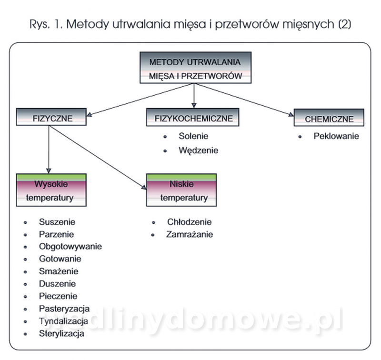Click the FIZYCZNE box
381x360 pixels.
51,117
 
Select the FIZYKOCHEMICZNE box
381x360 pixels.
193,117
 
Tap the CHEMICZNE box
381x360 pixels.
329,118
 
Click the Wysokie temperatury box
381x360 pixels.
51,190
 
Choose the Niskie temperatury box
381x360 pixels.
181,190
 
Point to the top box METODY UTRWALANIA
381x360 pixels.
196,68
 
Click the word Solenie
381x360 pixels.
193,136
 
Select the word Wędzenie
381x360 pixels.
198,150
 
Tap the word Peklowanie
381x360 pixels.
336,136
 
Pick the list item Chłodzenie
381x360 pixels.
189,222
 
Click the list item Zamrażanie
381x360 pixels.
190,234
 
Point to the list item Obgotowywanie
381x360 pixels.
70,247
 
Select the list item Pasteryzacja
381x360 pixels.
64,309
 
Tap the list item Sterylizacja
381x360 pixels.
61,333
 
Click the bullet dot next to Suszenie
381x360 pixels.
25,222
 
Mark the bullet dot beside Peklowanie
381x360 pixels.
300,137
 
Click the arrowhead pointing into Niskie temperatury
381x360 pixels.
144,187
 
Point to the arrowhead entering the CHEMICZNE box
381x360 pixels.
291,114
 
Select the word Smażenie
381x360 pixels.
59,271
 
